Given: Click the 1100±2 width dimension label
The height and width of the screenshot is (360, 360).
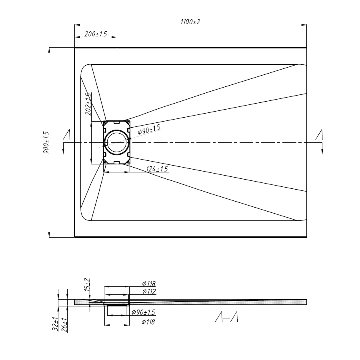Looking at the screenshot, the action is coord(190,22).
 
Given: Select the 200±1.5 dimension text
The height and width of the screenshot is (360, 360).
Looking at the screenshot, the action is coord(96,34).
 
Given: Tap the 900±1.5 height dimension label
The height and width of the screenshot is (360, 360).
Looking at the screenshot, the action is coord(46,142).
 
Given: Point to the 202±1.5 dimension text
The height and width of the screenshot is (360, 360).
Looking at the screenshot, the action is coord(88,104).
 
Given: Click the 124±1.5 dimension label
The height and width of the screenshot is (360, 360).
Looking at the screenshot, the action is coord(157,169).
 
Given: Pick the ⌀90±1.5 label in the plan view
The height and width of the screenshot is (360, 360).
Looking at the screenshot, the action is coord(149,130).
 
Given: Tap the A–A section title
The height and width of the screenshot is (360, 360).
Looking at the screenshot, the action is coord(227,317).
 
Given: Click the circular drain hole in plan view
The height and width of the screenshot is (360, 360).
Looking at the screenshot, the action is coord(117,142).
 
